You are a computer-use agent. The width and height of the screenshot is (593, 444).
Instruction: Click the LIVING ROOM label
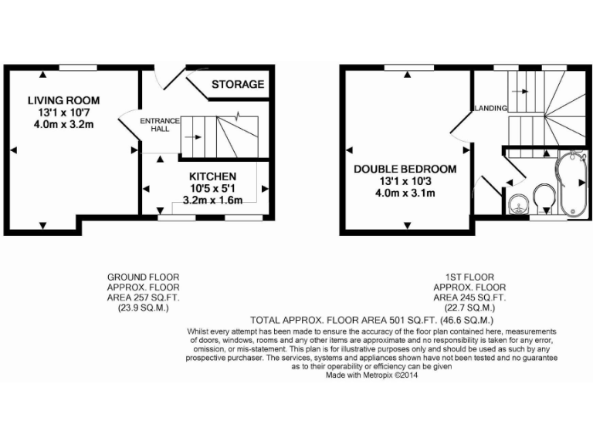tap(63, 100)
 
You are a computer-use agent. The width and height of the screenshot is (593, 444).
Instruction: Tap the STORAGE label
tap(238, 84)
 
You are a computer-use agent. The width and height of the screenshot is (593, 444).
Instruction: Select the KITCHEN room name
tap(207, 177)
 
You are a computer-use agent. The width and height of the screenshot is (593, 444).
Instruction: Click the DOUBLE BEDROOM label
tap(405, 169)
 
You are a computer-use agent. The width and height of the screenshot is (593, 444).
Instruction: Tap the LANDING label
tap(490, 108)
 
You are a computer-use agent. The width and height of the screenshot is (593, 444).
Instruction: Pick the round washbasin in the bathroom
tap(517, 203)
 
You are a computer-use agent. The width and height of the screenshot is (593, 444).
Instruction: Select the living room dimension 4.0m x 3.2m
tap(63, 125)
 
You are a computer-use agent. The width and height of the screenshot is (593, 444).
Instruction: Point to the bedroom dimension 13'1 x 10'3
tap(405, 181)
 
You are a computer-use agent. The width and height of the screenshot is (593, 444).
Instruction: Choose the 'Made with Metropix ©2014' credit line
tap(373, 375)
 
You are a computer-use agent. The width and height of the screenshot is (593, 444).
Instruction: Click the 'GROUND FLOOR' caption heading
tap(138, 277)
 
